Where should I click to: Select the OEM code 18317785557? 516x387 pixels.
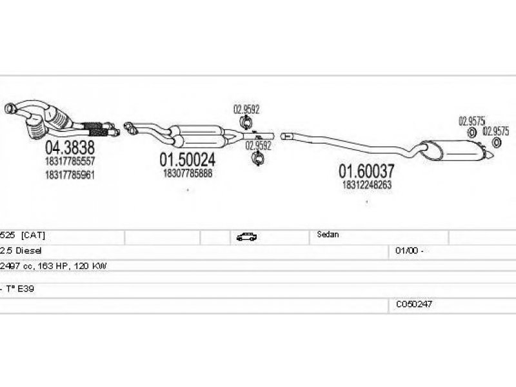click(70, 161)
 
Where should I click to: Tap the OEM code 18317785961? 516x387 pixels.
click(70, 174)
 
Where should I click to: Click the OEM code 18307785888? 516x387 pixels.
click(188, 173)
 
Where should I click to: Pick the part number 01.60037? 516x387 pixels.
click(366, 171)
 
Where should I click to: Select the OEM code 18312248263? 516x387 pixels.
click(366, 184)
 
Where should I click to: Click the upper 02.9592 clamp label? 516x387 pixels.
click(246, 110)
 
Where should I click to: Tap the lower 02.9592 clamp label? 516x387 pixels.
click(258, 146)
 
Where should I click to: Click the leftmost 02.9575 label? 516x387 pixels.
click(471, 120)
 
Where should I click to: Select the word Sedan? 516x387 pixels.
click(328, 235)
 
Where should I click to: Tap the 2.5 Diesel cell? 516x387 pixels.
click(21, 250)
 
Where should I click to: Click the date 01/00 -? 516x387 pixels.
click(406, 250)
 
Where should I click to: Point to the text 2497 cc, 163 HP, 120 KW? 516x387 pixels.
click(54, 265)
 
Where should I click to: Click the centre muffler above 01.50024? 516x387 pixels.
click(203, 134)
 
